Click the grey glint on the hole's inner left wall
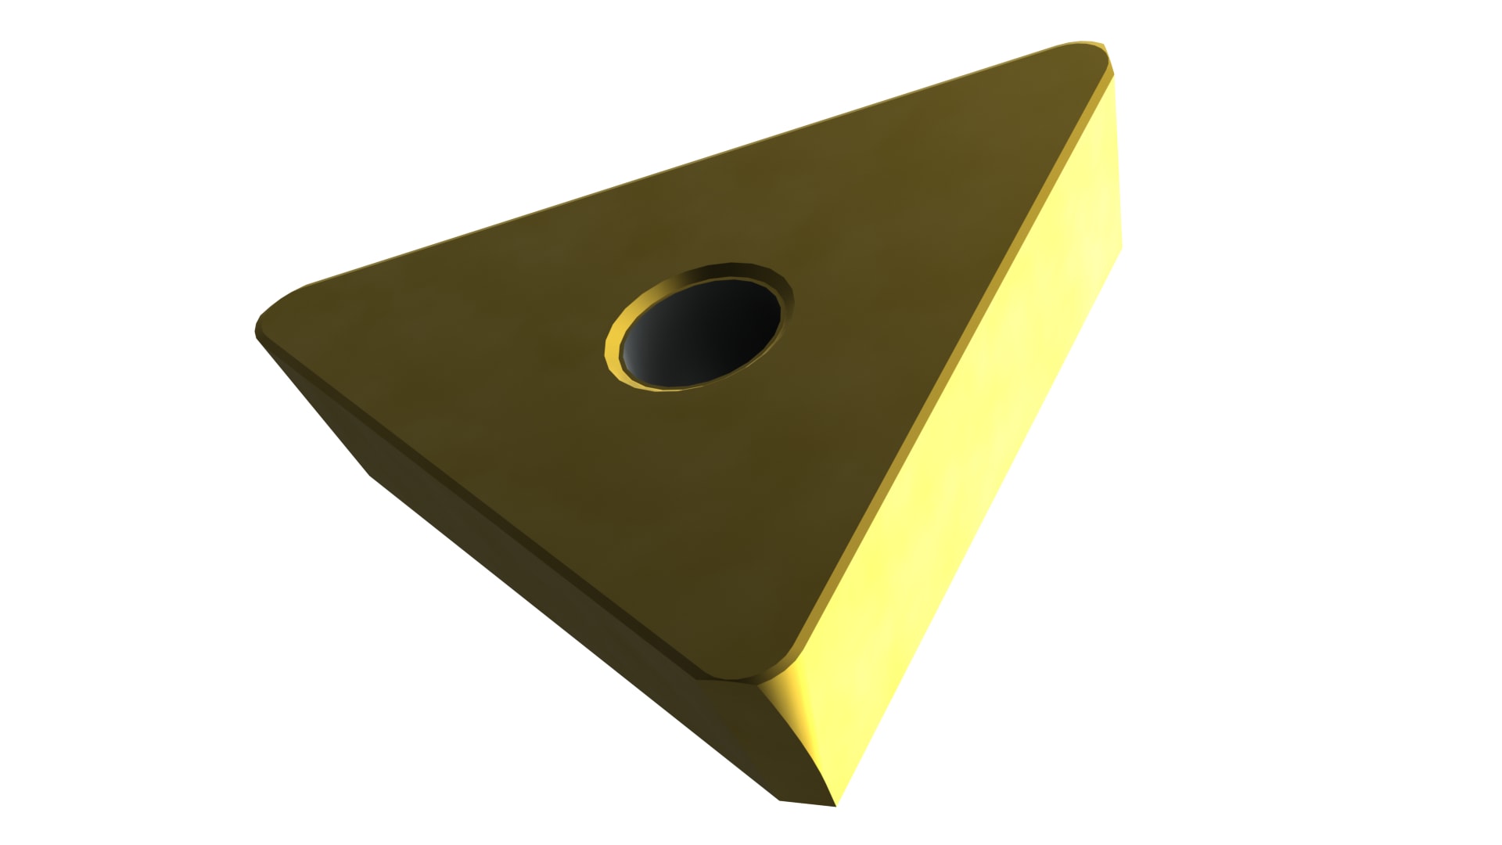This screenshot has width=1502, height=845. (638, 348)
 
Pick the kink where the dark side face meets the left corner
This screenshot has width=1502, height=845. (368, 474)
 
